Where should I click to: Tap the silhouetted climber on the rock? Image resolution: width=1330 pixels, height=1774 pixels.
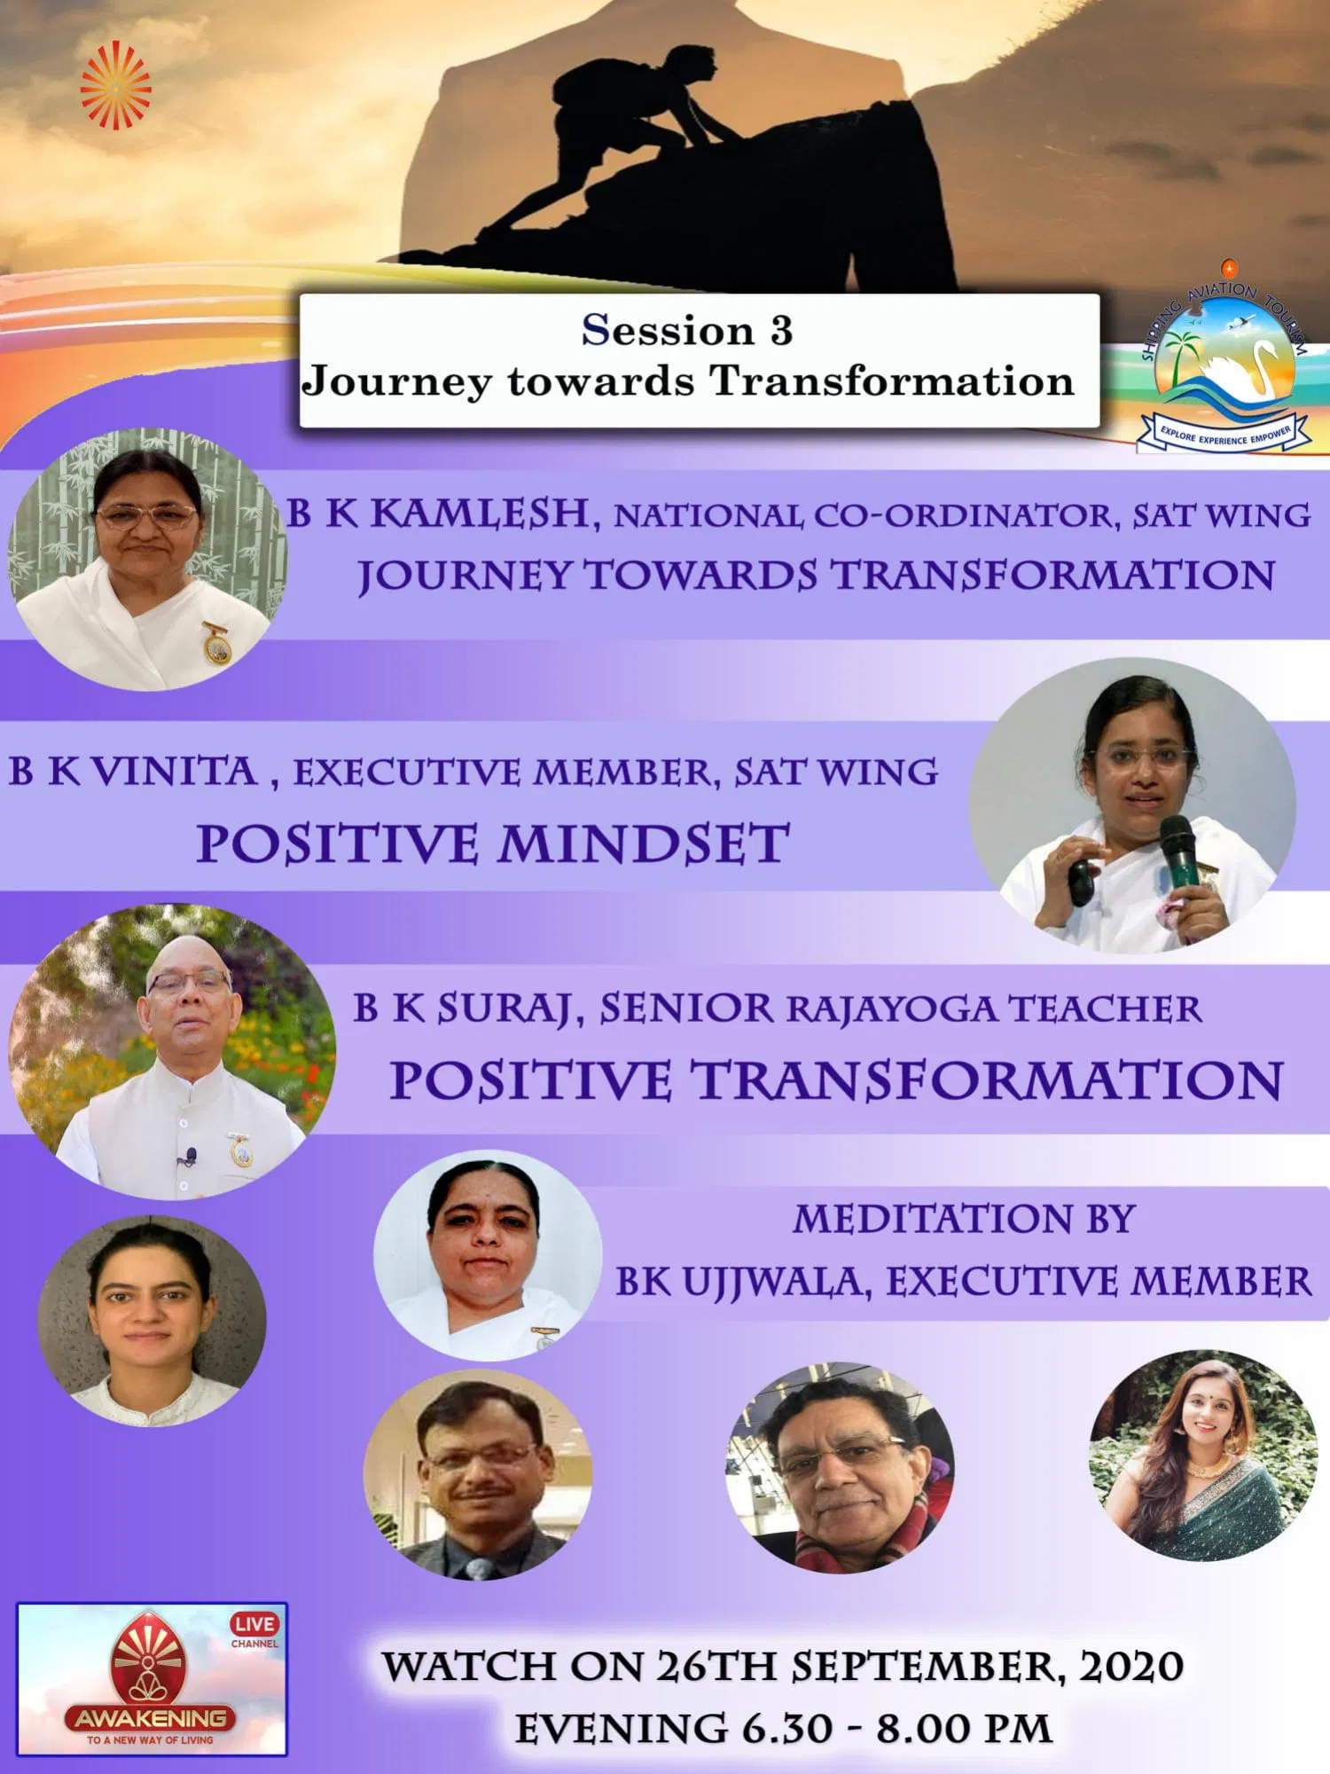tap(612, 151)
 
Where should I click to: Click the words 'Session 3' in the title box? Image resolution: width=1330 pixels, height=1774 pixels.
tap(687, 331)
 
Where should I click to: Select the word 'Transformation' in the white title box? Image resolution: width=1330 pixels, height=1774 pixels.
tap(891, 381)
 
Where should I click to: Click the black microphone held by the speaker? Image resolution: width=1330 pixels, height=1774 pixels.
tap(1180, 847)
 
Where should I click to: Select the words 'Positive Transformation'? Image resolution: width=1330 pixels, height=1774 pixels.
tap(837, 1081)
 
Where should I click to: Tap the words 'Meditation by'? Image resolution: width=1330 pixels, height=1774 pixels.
tap(964, 1219)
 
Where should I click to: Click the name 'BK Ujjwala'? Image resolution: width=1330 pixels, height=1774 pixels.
tap(740, 1282)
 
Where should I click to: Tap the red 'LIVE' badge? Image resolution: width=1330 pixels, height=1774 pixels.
tap(254, 1624)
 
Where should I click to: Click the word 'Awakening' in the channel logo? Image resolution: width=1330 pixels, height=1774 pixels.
tap(150, 1718)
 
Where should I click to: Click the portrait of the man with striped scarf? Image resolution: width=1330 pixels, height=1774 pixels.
tap(841, 1468)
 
